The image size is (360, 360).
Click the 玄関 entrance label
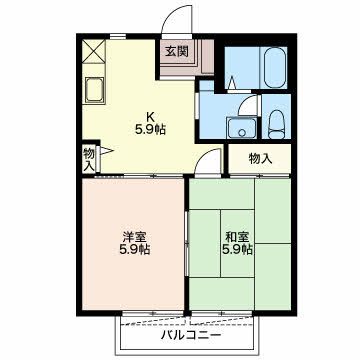click(177, 52)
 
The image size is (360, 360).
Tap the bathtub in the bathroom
click(275, 68)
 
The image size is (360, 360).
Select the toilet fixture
click(276, 124)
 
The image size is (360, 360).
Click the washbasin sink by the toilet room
click(242, 128)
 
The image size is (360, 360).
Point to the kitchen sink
click(94, 90)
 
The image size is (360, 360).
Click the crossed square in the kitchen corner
click(93, 51)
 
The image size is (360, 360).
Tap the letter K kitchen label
click(150, 117)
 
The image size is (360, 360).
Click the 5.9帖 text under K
click(150, 129)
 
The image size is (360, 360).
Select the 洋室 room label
click(135, 237)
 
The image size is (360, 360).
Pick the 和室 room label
click(237, 237)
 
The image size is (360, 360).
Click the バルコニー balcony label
click(191, 334)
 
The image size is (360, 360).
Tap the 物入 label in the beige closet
click(261, 159)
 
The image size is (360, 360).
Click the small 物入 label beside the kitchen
click(89, 160)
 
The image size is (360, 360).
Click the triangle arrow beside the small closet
click(107, 151)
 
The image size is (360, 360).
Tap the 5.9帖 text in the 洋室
click(135, 249)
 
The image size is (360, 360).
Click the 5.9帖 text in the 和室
click(237, 249)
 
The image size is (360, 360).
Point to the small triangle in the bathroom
click(232, 83)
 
